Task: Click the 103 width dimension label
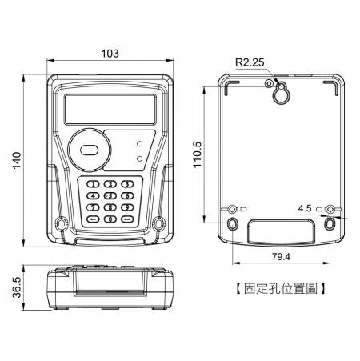point(111,53)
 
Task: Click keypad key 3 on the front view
point(126,185)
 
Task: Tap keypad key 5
point(110,195)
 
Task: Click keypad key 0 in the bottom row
point(110,217)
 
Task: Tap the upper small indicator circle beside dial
point(141,144)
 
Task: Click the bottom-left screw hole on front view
point(61,221)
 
